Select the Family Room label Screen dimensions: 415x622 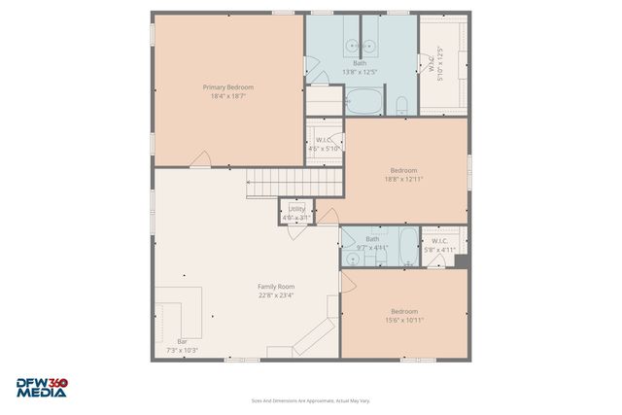pos(276,286)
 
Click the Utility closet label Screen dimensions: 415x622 pos(296,209)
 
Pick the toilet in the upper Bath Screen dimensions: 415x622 pos(400,104)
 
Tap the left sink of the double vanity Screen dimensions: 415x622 pos(352,46)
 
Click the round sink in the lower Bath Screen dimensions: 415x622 pos(351,258)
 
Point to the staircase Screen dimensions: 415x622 pos(294,180)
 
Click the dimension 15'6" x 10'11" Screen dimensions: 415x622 pos(404,320)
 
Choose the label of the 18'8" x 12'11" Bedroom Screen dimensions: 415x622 pos(403,170)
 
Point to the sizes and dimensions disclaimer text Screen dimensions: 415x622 pos(310,399)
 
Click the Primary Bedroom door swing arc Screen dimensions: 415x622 pos(200,158)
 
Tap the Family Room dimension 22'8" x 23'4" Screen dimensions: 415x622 pos(276,295)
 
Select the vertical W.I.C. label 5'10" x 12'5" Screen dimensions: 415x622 pos(439,63)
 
